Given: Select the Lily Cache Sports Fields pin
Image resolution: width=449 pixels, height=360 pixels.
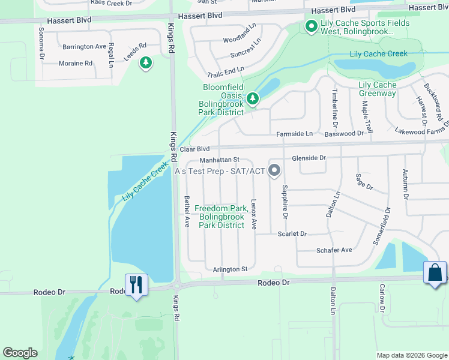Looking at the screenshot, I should tap(311, 26).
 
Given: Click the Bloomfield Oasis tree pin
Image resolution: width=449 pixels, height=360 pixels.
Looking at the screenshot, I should tap(253, 98).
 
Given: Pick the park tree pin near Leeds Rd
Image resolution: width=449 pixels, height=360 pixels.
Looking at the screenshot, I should tap(145, 62).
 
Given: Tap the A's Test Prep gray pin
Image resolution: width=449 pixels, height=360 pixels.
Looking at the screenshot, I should tap(275, 171).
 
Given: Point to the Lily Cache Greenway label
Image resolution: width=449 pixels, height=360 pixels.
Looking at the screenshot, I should tap(378, 89).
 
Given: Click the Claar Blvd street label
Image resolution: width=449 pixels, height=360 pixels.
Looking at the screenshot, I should tap(194, 149).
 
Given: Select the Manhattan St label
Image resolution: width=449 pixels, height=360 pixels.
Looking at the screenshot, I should tap(220, 160).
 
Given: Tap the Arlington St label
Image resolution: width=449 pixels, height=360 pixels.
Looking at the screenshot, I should tap(230, 269).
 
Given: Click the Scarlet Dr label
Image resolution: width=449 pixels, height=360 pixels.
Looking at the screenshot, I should tap(292, 233).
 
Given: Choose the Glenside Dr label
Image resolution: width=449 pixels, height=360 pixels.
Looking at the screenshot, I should tap(309, 158).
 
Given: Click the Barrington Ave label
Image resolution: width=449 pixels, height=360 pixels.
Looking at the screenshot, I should tap(84, 46).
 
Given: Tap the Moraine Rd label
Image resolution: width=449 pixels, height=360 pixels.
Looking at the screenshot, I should tap(76, 63).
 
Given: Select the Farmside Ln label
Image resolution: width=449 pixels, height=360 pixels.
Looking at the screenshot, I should tap(294, 134).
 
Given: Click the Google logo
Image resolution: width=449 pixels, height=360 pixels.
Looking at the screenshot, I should tap(20, 353).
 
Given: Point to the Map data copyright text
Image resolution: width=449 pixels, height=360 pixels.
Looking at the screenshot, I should tap(412, 355).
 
